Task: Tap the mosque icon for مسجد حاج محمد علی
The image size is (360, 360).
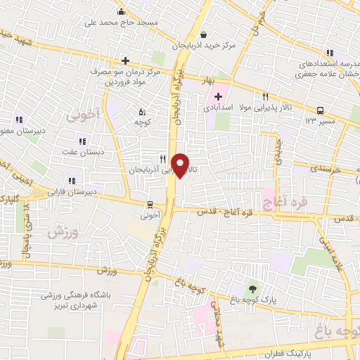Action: pos(121,11)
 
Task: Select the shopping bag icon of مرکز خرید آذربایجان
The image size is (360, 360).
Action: pos(203,34)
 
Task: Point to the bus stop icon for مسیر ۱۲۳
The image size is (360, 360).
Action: pos(321,110)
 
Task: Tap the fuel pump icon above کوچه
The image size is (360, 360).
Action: pos(142,111)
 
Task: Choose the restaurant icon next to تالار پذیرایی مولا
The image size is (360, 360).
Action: pos(265,97)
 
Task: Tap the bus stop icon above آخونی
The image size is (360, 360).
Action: pos(149,205)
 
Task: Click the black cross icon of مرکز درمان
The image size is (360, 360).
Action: pos(125,60)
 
